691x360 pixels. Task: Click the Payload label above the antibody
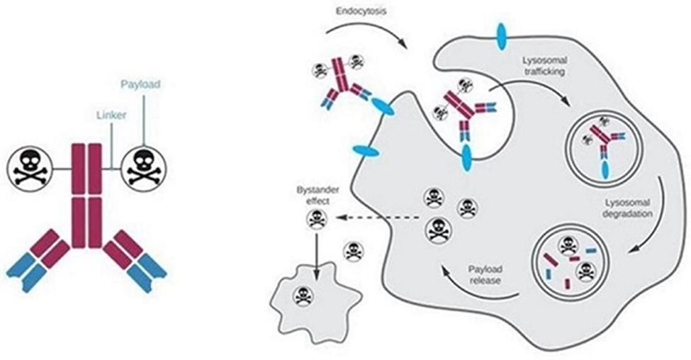click(140, 84)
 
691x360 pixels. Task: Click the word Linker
click(111, 115)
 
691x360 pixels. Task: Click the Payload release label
click(485, 274)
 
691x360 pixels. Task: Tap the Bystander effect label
click(318, 196)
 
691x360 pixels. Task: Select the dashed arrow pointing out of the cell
click(377, 218)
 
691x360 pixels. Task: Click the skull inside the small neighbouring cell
click(303, 296)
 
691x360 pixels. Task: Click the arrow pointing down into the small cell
click(316, 256)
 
